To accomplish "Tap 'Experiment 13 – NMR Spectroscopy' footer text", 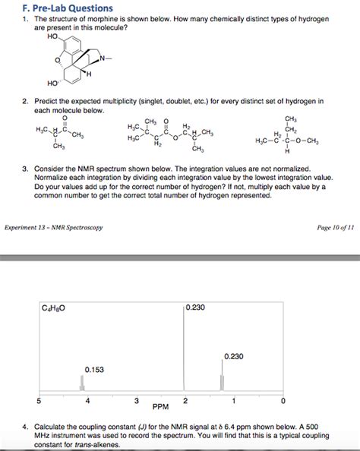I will [x=54, y=227].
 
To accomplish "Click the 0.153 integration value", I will [x=94, y=369].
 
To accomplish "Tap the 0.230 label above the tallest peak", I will [x=195, y=308].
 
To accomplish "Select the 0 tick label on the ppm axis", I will [x=283, y=400].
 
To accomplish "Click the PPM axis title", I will [x=160, y=406].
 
